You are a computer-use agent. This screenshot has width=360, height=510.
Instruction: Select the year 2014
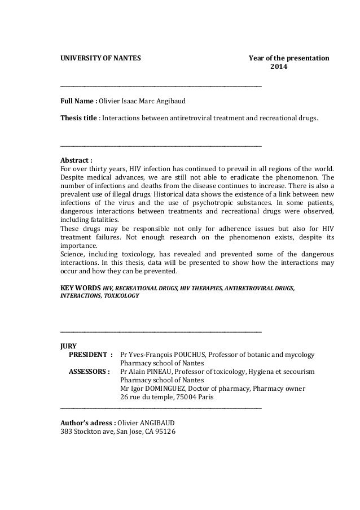click(277, 68)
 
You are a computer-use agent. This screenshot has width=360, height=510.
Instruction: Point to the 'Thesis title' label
click(79, 119)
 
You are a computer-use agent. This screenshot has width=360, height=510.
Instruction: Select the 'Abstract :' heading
click(76, 159)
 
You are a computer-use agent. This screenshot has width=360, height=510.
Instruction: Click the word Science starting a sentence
click(73, 254)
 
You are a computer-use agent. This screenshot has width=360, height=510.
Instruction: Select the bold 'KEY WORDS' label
click(80, 288)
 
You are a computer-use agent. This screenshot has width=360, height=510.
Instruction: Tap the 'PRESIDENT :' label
click(90, 355)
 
